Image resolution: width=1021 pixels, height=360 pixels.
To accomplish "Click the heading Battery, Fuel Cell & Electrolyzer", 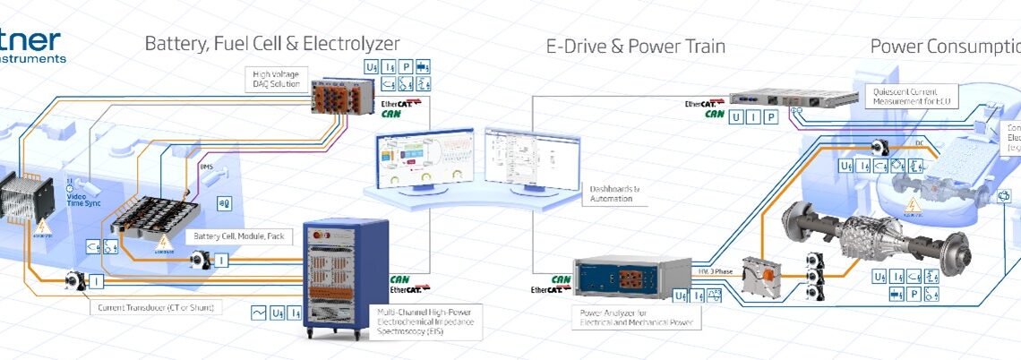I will click(272, 43).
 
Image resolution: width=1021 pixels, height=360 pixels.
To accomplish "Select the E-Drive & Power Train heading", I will click(636, 46).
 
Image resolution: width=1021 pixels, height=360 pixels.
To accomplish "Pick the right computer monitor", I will click(520, 159).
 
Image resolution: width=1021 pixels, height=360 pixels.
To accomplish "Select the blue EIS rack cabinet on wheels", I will click(345, 278).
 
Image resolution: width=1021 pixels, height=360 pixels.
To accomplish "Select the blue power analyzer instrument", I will click(619, 278).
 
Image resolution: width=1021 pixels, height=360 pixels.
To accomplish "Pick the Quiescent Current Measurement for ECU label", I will click(915, 97).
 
